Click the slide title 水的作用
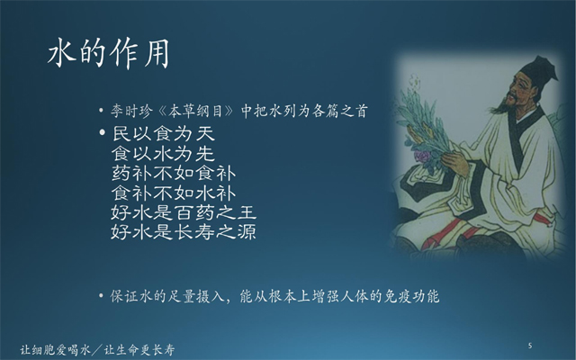point(109,54)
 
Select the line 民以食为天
point(164,134)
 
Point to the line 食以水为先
point(164,154)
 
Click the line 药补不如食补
point(174,174)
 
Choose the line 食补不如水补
point(174,193)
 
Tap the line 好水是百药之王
point(184,212)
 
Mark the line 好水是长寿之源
point(184,232)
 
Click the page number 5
point(530,346)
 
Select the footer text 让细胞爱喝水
point(56,349)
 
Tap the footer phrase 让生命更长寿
point(139,349)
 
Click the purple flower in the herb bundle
point(422,156)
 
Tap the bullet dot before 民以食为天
point(103,132)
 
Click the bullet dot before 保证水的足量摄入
point(101,295)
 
